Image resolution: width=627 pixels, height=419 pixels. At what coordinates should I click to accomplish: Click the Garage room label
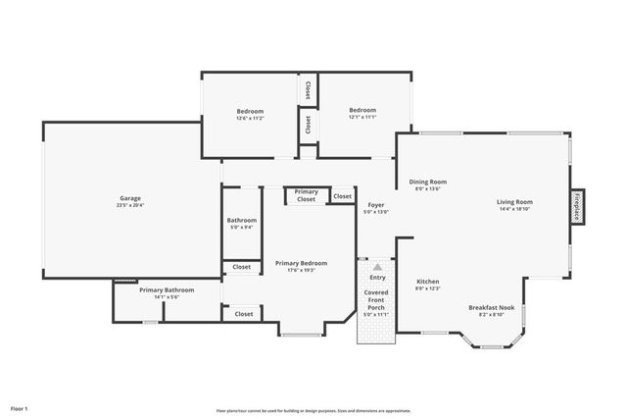click(130, 198)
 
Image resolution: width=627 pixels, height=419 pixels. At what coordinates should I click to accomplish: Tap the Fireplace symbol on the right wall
click(577, 208)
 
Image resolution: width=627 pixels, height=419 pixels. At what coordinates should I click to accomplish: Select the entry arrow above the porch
click(377, 266)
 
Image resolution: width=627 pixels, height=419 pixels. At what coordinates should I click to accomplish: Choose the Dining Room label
click(427, 182)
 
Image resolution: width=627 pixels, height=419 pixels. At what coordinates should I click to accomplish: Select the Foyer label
click(376, 204)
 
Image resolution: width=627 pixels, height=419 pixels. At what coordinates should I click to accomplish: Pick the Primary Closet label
click(307, 195)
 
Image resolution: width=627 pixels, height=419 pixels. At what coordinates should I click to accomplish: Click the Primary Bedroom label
click(301, 263)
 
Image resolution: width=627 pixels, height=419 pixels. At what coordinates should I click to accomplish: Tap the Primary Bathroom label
click(167, 289)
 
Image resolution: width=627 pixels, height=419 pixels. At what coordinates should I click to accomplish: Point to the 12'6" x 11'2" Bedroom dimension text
click(250, 119)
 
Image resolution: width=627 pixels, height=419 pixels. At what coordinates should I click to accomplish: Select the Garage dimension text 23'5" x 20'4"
click(130, 206)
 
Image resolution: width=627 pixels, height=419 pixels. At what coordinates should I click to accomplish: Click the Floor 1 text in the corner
click(20, 407)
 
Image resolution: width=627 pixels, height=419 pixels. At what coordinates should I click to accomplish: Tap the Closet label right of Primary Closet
click(342, 196)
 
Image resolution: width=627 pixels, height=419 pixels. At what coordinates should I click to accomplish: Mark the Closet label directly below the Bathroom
click(242, 267)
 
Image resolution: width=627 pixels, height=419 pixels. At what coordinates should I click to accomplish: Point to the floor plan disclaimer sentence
click(313, 411)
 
